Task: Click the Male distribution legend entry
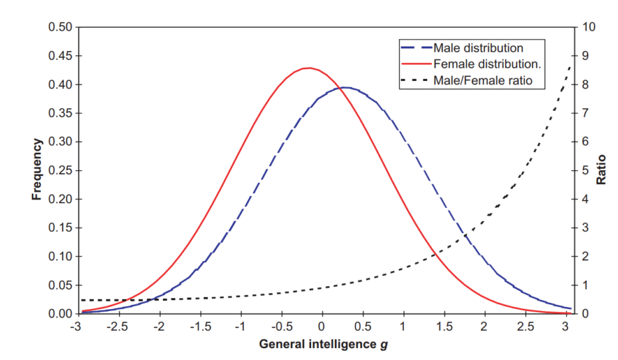478,48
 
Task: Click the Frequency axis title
38,170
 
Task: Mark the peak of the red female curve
308,68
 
